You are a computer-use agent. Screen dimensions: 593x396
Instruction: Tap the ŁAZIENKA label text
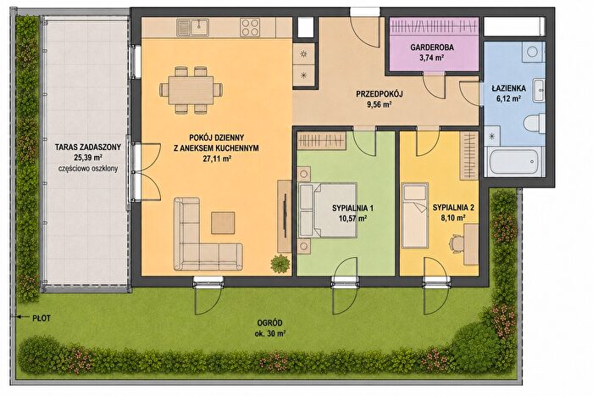(508, 88)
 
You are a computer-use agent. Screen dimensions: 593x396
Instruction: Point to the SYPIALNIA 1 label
(353, 208)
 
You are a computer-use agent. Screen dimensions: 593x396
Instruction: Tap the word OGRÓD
(269, 323)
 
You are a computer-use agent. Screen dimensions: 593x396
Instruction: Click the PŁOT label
(42, 318)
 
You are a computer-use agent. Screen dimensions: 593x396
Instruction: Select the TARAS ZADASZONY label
(88, 147)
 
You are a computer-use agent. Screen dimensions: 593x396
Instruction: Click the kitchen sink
(192, 28)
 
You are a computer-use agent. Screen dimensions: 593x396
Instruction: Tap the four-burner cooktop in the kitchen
(250, 28)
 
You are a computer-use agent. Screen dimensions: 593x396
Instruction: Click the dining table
(191, 90)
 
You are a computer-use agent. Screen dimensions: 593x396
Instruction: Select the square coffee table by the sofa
(223, 223)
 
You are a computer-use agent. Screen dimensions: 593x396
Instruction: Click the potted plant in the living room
(280, 264)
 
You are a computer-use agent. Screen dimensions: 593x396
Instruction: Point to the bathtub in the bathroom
(513, 162)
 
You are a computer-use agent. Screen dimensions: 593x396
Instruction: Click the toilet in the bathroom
(534, 123)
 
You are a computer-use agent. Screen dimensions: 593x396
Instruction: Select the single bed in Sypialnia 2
(415, 215)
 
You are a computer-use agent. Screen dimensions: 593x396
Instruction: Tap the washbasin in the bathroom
(539, 91)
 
